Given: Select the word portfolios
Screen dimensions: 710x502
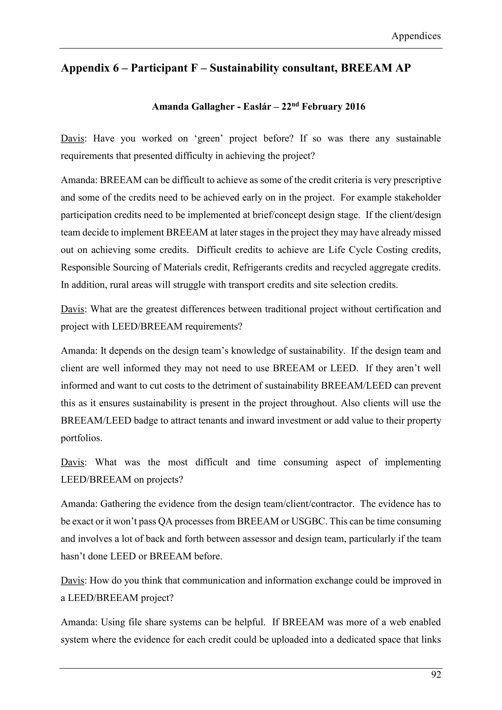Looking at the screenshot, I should click(x=81, y=438).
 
